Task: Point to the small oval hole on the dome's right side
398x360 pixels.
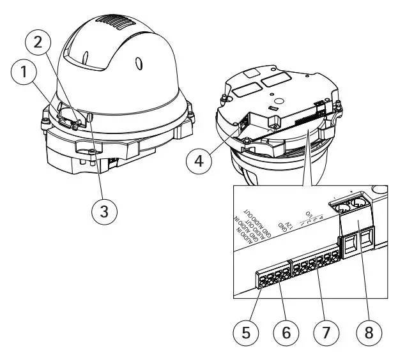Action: [139, 64]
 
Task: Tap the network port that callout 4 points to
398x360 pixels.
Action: [245, 125]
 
